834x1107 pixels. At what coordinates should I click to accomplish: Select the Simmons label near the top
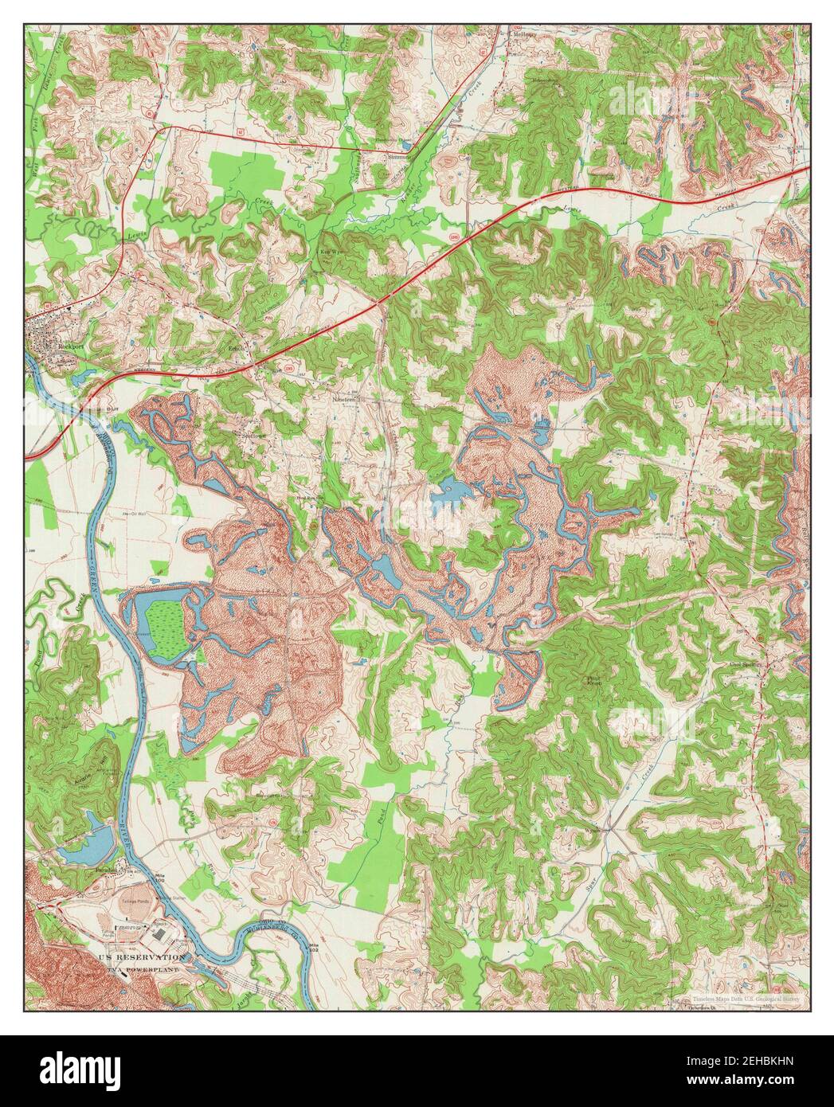coord(398,156)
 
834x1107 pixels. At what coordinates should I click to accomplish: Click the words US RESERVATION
coord(140,956)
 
